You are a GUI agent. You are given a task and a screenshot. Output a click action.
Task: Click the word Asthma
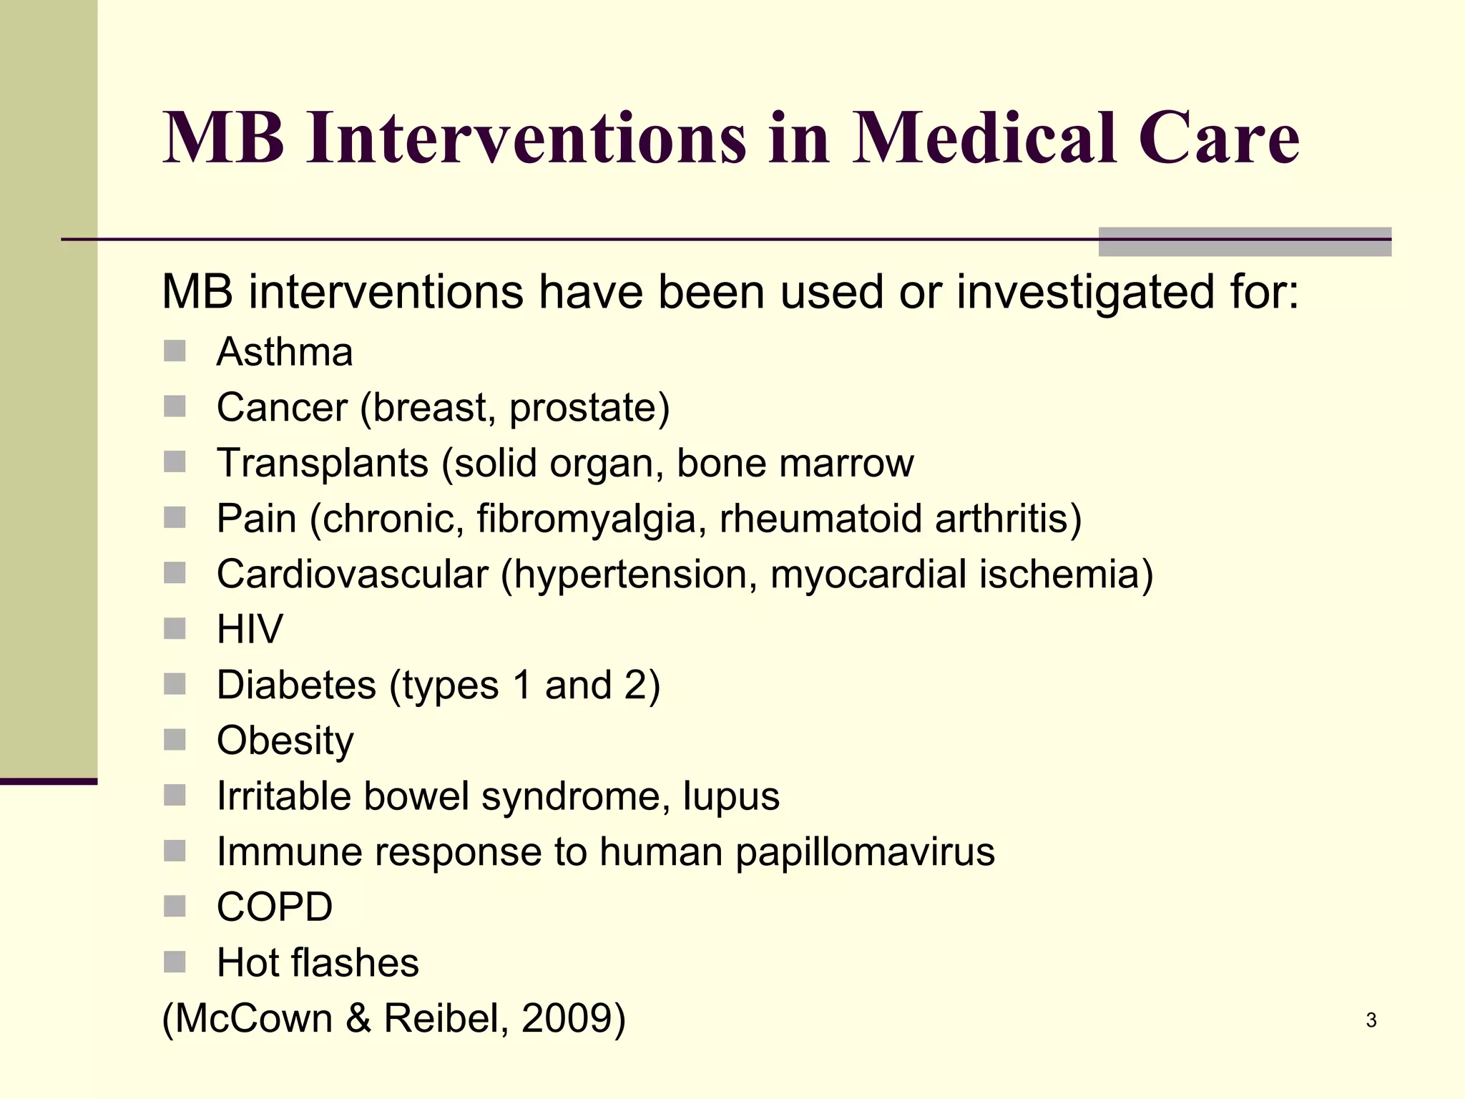285,352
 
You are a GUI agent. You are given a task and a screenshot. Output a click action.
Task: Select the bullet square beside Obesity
175,740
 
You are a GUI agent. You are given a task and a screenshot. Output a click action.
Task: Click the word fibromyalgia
587,519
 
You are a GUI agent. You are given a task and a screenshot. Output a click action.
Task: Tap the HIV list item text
250,630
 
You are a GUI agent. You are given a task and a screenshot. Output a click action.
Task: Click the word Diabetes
296,685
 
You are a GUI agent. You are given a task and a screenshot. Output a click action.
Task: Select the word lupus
731,797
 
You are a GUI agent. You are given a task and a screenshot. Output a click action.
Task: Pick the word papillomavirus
865,852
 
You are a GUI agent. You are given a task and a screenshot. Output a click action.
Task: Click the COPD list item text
275,907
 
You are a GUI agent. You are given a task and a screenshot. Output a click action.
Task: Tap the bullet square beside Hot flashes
175,962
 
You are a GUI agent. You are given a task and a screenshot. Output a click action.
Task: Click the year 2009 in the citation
566,1018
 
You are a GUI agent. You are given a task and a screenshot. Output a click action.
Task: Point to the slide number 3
1371,1020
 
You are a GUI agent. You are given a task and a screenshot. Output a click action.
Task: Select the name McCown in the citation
254,1018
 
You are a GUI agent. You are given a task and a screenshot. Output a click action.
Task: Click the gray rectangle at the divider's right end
1245,242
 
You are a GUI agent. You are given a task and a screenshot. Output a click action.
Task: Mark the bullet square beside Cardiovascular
175,573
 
